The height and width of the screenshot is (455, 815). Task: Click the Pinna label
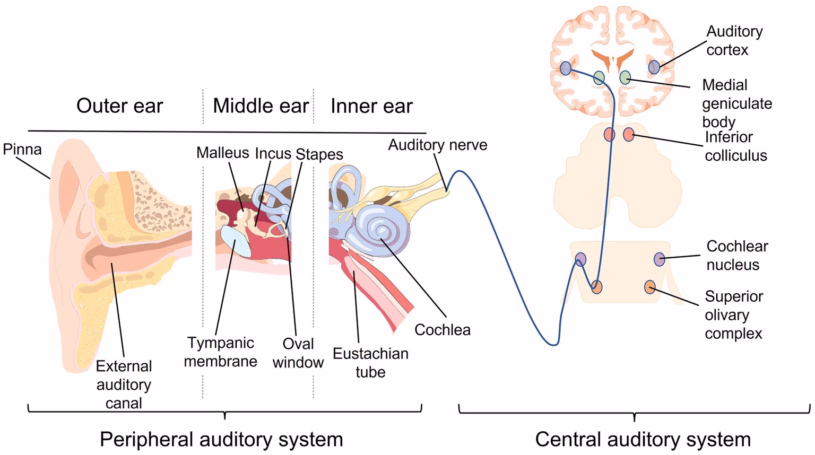click(22, 149)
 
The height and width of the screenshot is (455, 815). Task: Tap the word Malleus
click(222, 153)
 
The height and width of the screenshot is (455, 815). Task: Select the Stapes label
click(319, 154)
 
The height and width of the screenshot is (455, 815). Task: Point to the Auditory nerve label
click(437, 145)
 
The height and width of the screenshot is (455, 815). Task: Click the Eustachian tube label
click(370, 363)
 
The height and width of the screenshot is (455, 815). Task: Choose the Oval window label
click(298, 353)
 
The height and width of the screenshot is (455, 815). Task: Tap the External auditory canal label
click(124, 384)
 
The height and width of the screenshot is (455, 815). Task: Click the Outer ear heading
click(119, 106)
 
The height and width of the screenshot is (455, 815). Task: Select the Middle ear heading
click(261, 106)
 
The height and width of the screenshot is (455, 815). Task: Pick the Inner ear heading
click(371, 106)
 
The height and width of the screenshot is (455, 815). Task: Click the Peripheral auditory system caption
click(221, 439)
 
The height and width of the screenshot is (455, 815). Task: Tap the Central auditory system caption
click(643, 439)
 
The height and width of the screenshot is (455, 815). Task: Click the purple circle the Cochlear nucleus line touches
click(658, 259)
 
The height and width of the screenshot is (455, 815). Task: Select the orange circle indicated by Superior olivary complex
click(649, 287)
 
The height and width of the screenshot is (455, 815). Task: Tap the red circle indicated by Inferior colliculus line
click(628, 134)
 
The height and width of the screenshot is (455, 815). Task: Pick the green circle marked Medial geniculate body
click(625, 77)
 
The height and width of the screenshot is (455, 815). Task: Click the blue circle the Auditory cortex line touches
click(654, 67)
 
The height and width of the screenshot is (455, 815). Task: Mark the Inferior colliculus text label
click(735, 146)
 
